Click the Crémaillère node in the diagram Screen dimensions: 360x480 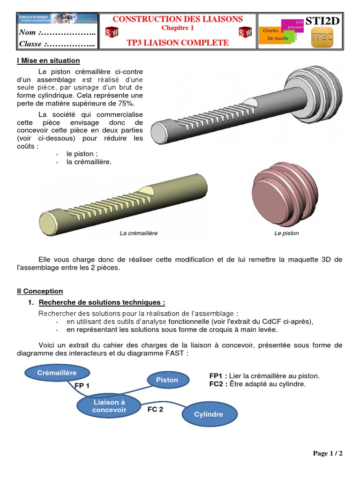pyautogui.click(x=57, y=373)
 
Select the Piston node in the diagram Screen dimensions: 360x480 pyautogui.click(x=167, y=380)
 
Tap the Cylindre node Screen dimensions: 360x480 pyautogui.click(x=209, y=414)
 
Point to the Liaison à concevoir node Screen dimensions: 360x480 pyautogui.click(x=109, y=406)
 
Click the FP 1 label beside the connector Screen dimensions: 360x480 pyautogui.click(x=82, y=385)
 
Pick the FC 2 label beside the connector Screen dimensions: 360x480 pyautogui.click(x=156, y=409)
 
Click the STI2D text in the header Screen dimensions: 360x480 pyautogui.click(x=322, y=21)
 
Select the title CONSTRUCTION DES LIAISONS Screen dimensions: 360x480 pyautogui.click(x=178, y=19)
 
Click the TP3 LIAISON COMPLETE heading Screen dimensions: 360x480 pyautogui.click(x=178, y=43)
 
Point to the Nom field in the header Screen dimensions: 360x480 pyautogui.click(x=57, y=33)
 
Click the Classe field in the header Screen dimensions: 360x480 pyautogui.click(x=57, y=44)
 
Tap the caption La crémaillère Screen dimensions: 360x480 pyautogui.click(x=139, y=233)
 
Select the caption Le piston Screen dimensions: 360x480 pyautogui.click(x=286, y=233)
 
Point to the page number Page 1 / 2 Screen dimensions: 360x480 pyautogui.click(x=328, y=453)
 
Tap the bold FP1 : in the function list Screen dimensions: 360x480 pyautogui.click(x=218, y=376)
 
